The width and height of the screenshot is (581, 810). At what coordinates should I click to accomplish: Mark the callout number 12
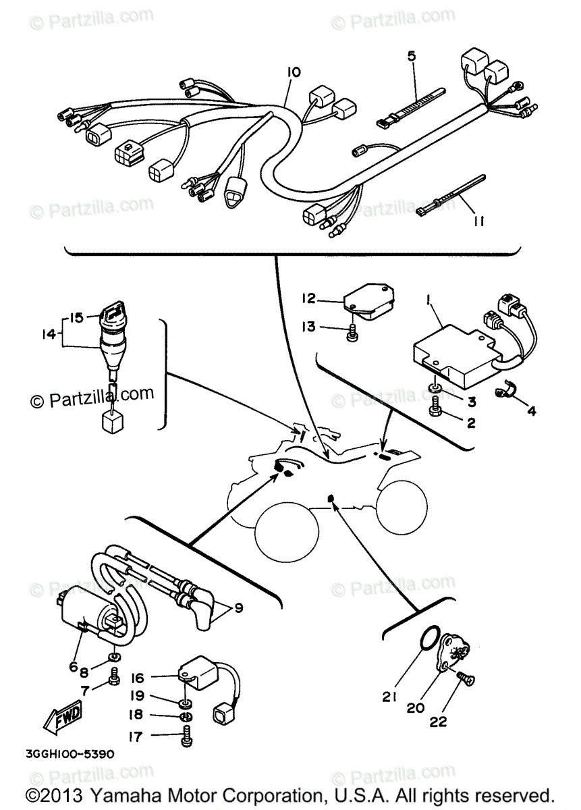point(310,298)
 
